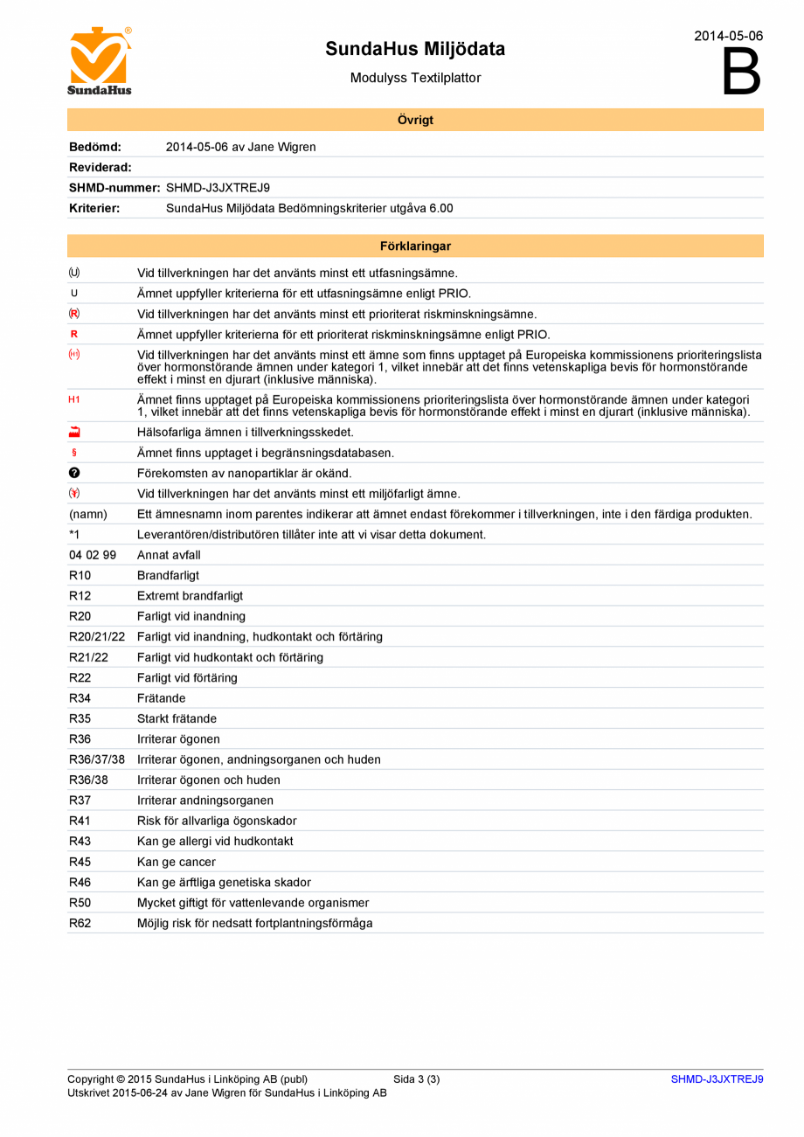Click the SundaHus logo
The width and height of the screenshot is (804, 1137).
tap(100, 61)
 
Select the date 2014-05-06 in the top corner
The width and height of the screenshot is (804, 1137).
tap(728, 36)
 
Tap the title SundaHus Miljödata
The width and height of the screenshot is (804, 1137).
tap(415, 49)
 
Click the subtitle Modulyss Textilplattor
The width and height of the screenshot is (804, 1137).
tap(415, 78)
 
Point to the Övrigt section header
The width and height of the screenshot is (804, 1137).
tap(415, 120)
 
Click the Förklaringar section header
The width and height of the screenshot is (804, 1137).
tap(415, 246)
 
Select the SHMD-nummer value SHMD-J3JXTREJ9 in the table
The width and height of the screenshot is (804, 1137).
tap(218, 187)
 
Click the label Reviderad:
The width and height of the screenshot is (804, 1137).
tap(100, 167)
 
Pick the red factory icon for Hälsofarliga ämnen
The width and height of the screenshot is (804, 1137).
tap(74, 432)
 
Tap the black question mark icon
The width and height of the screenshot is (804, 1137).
tap(74, 473)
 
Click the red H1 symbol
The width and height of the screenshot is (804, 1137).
tap(74, 399)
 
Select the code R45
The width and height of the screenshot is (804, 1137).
tap(80, 862)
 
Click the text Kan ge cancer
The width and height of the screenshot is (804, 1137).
tap(177, 862)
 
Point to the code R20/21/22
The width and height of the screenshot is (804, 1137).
tap(97, 636)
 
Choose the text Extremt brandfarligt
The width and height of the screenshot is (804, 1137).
tap(190, 595)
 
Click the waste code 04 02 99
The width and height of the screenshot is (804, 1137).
tap(93, 555)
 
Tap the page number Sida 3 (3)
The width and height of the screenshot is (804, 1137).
tap(416, 1079)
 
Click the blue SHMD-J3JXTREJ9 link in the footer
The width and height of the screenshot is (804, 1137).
tap(717, 1079)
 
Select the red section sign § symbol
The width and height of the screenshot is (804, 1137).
tap(74, 453)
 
